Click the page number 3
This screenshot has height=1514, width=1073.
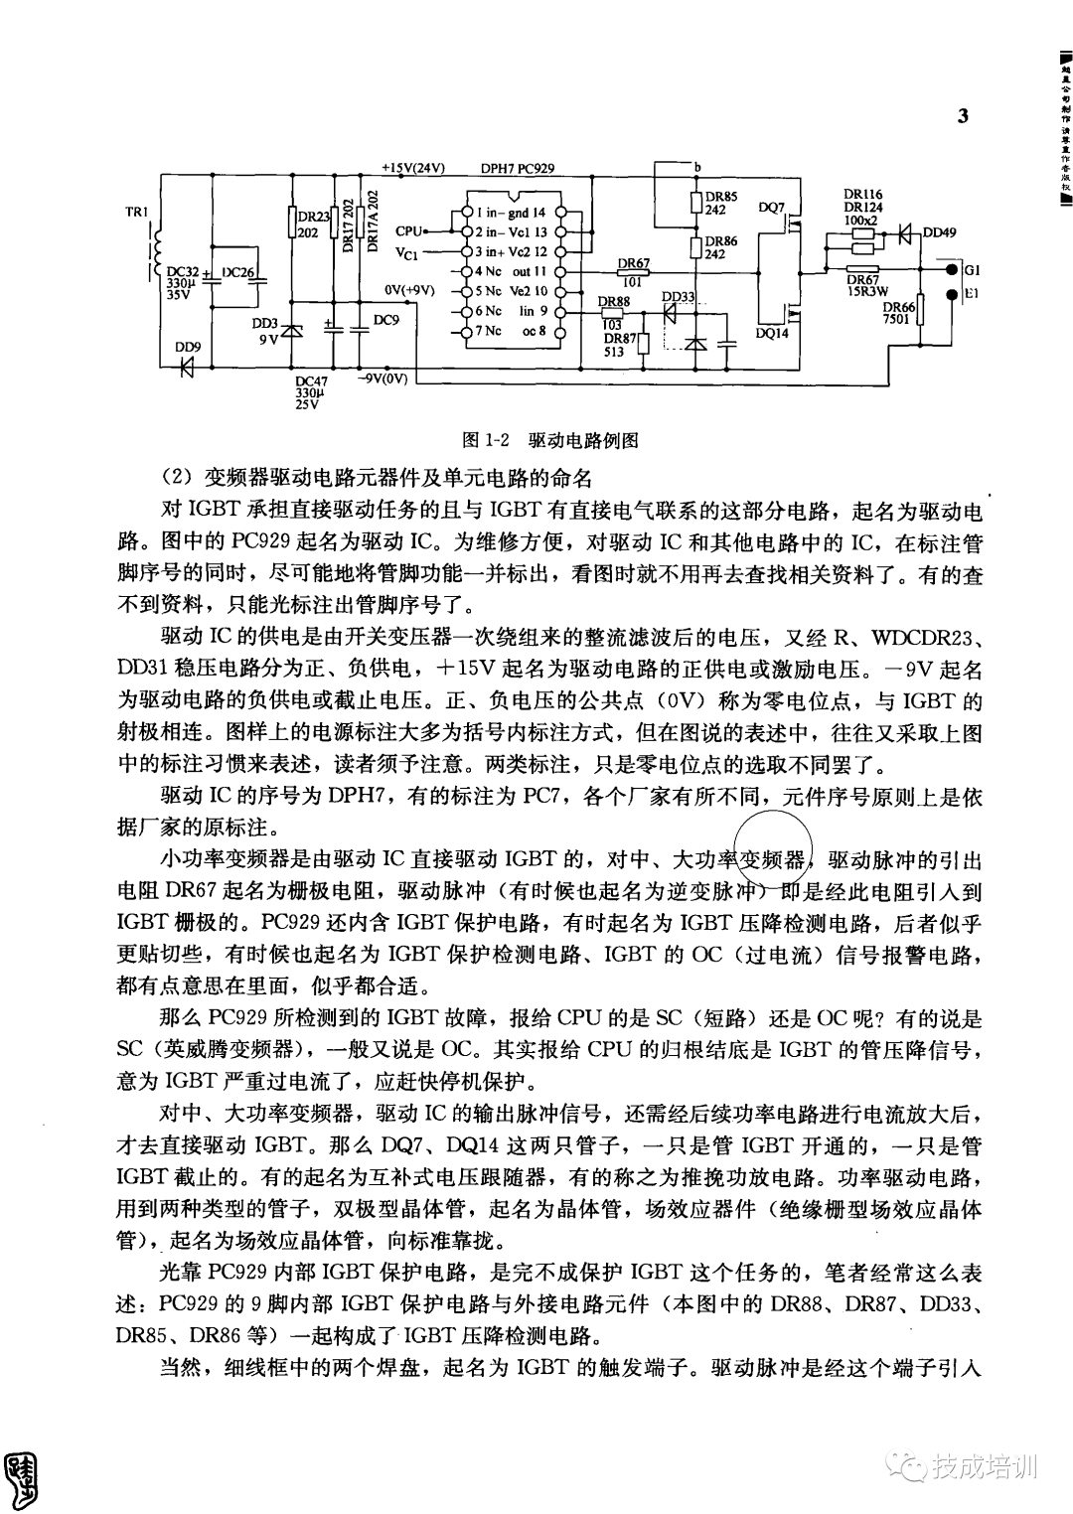962,115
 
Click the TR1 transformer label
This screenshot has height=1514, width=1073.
136,212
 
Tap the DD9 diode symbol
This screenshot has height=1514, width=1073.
187,366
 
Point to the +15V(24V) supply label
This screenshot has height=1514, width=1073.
413,167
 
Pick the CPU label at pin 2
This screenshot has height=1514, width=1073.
408,230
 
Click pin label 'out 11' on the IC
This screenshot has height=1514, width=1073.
529,270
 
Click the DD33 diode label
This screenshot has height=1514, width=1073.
679,297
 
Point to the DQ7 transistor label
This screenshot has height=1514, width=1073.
771,209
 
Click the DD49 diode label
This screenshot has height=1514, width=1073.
939,232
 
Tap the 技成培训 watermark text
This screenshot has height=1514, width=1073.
983,1463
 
